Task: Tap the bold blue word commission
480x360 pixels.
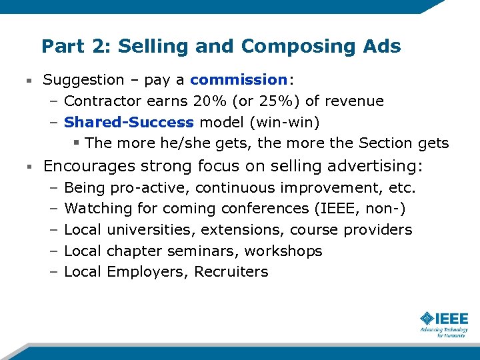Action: (x=238, y=80)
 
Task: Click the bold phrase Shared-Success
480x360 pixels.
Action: (x=129, y=123)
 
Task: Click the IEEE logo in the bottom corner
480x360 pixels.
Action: (x=444, y=323)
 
